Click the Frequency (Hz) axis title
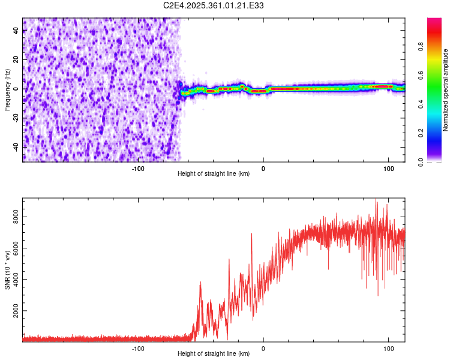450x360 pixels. [7, 89]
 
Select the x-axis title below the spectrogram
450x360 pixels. [214, 173]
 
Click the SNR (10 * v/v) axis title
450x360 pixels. [7, 270]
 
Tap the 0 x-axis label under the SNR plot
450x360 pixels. [263, 346]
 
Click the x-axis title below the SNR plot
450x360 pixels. [214, 353]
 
